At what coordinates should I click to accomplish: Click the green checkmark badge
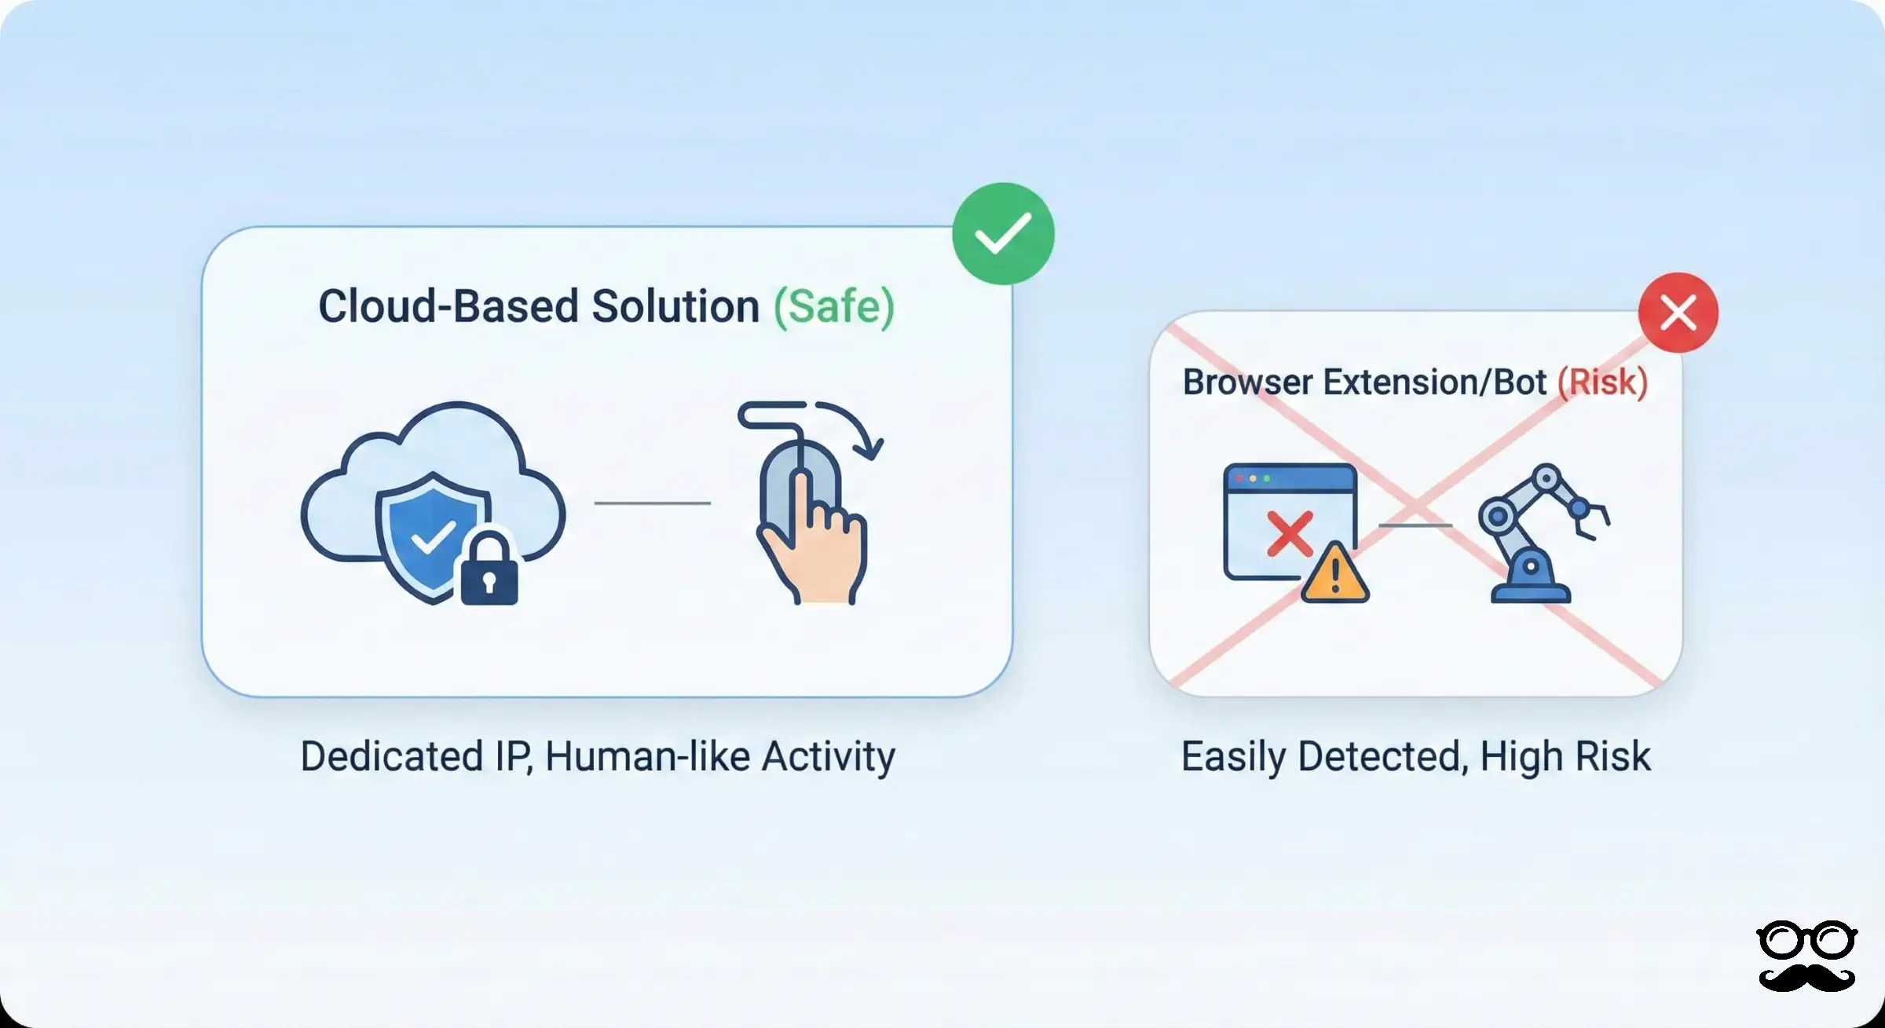(x=1003, y=233)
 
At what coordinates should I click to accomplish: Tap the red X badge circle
(x=1678, y=313)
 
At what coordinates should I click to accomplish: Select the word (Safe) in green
(x=834, y=306)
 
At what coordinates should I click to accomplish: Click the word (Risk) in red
(x=1602, y=382)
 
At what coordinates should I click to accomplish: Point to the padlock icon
(x=489, y=569)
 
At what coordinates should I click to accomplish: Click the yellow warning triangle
(x=1334, y=574)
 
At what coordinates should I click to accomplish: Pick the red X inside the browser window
(x=1290, y=534)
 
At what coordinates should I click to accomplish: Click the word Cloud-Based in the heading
(x=448, y=306)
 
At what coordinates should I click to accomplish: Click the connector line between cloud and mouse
(x=652, y=503)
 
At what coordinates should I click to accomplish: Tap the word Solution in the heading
(x=675, y=306)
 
